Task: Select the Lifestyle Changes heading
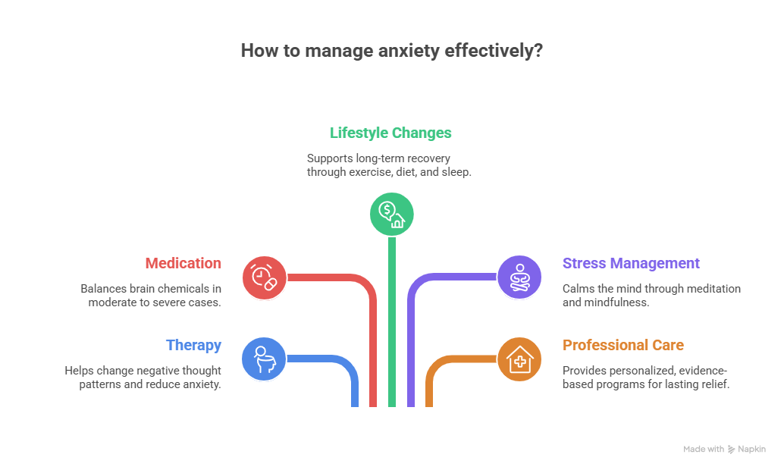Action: pos(390,133)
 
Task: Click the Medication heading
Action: pos(183,264)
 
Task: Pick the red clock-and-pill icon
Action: pos(264,277)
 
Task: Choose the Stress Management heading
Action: pos(630,264)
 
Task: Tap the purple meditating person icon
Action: pos(519,277)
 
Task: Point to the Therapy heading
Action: pos(193,346)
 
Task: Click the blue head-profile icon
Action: pos(264,359)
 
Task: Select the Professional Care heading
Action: pos(622,346)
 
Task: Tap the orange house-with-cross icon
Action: pos(519,359)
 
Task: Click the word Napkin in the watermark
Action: pos(752,450)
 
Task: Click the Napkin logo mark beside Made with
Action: pos(731,450)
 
